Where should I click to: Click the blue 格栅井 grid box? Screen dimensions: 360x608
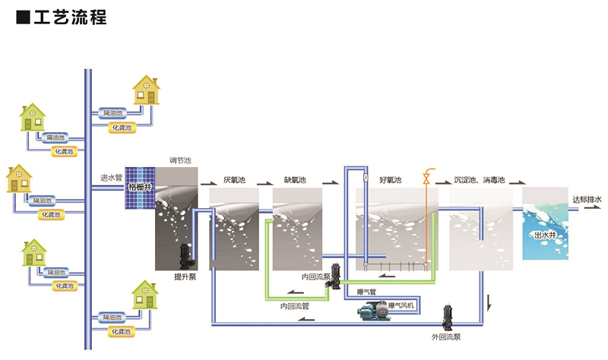coord(139,187)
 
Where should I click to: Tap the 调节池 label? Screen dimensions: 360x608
coord(179,161)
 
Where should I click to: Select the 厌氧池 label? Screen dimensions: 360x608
coord(234,181)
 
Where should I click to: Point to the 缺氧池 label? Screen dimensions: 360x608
coord(295,181)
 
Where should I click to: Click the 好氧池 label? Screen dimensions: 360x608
coord(389,181)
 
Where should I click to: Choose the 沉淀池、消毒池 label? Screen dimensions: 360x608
coord(479,181)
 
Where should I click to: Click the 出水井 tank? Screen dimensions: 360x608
coord(545,235)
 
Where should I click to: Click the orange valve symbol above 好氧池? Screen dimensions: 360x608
coord(426,180)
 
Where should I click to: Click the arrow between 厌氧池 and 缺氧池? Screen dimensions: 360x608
coord(264,183)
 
